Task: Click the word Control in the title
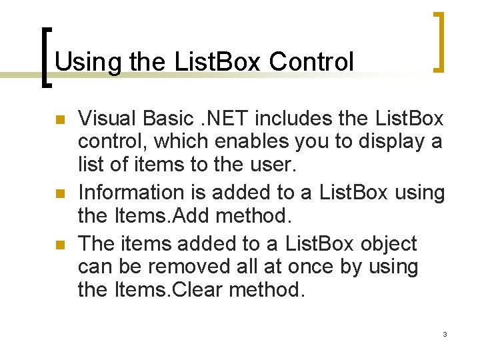(311, 62)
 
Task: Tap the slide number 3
(445, 333)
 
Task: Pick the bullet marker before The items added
(59, 245)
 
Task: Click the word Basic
(169, 119)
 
